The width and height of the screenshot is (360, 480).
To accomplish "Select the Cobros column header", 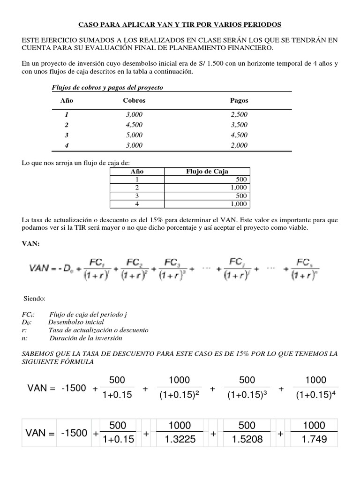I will [134, 100].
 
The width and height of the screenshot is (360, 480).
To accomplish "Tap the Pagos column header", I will [239, 100].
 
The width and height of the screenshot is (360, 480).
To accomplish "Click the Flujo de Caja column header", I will [208, 172].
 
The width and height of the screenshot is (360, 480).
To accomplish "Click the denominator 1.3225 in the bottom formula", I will [180, 440].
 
